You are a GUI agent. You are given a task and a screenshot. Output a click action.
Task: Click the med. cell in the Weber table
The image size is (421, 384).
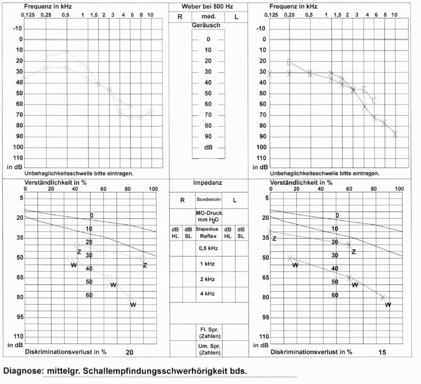208,17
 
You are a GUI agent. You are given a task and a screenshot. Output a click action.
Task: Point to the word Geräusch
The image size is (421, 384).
206,25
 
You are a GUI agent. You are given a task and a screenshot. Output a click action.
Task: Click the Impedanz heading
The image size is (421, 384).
208,182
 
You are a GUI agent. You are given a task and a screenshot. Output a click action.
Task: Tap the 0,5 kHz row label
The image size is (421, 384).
209,248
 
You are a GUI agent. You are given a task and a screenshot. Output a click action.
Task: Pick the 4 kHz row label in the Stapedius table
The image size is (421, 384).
209,294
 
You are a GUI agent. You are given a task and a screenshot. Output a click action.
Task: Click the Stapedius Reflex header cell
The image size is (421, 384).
209,233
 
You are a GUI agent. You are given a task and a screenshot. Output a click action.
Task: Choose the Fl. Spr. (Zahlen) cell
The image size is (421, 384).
209,333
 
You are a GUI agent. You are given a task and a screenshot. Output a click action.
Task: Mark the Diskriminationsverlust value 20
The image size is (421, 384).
130,352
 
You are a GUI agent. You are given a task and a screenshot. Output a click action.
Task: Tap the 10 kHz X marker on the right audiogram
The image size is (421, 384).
395,134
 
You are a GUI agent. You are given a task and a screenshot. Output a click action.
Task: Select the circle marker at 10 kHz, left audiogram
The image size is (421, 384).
150,112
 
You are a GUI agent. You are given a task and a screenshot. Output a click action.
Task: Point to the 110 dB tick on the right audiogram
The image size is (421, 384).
261,158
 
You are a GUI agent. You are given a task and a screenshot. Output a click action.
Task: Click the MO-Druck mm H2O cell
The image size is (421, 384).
209,216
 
